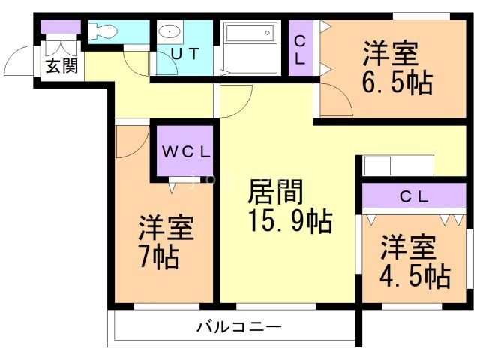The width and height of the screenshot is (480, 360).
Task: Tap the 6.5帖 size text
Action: pyautogui.click(x=397, y=82)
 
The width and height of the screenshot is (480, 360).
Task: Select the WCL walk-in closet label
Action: pyautogui.click(x=184, y=151)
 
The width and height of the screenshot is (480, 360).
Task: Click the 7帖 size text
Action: pyautogui.click(x=157, y=257)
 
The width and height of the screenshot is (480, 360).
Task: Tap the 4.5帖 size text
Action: pyautogui.click(x=415, y=276)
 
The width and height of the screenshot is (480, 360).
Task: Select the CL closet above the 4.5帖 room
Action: pyautogui.click(x=413, y=197)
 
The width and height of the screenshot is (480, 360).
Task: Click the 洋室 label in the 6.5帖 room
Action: pyautogui.click(x=391, y=54)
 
